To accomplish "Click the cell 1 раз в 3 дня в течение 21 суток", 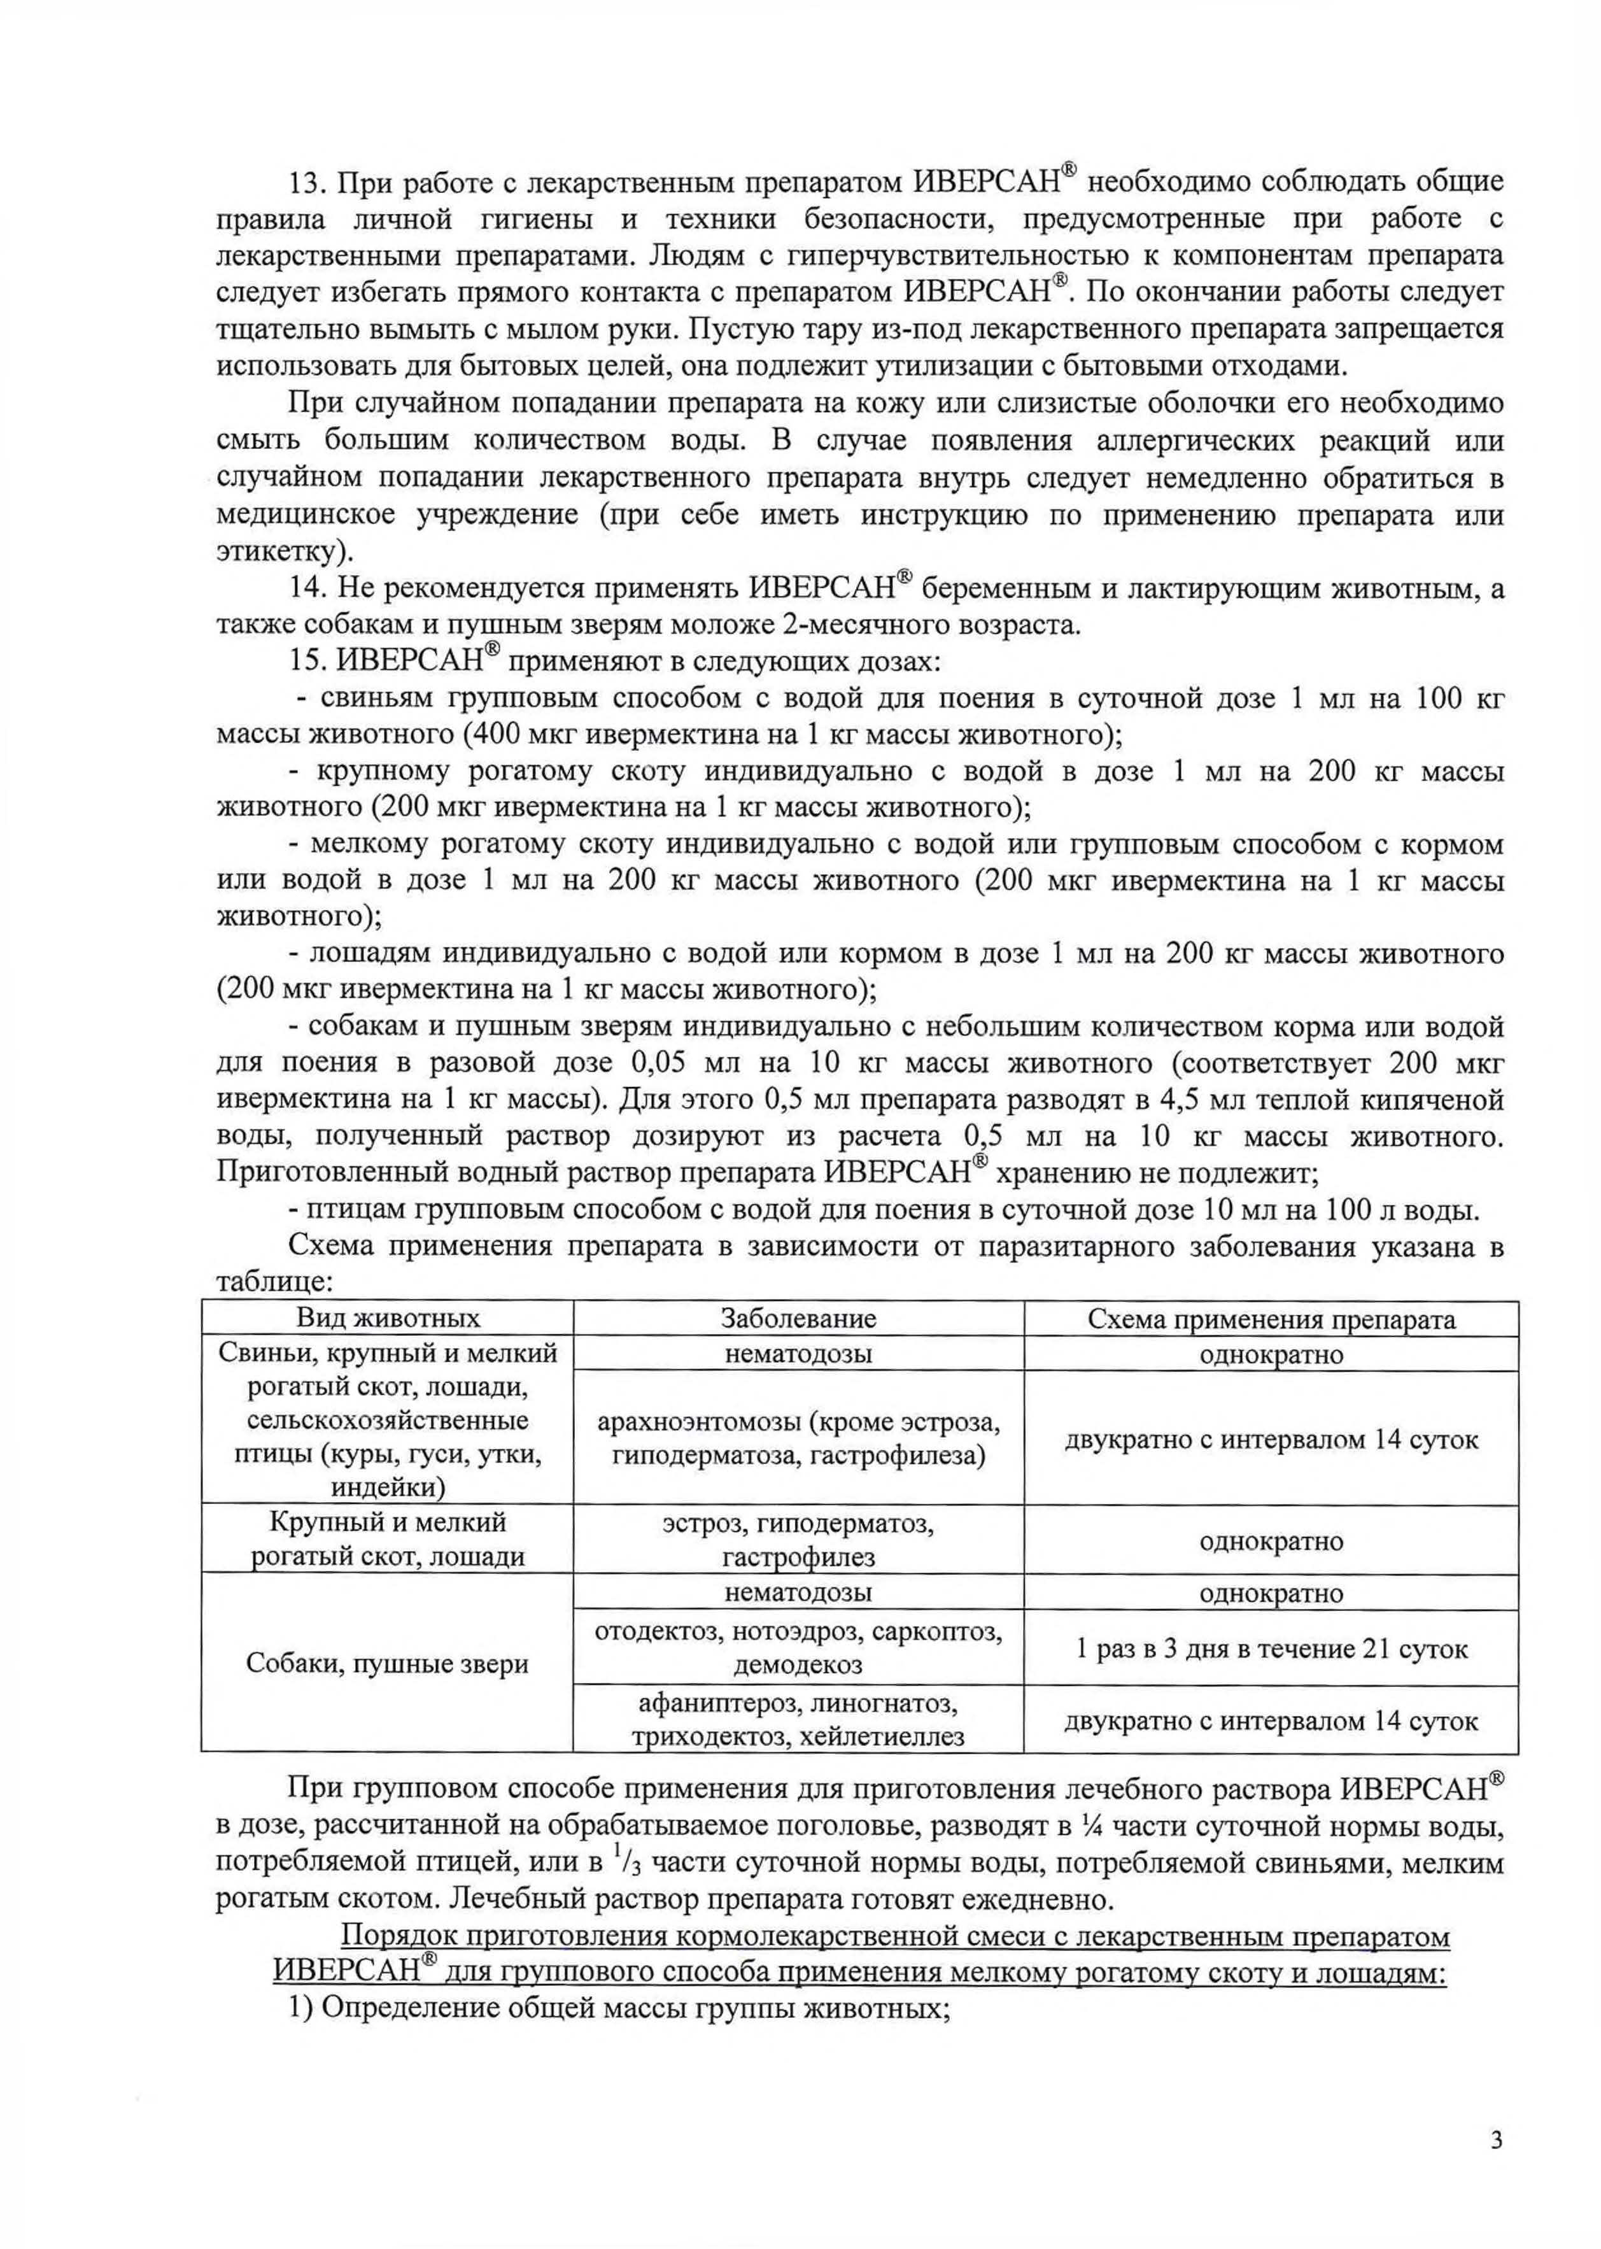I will click(x=1271, y=1649).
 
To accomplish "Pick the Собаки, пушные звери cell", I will click(x=388, y=1664).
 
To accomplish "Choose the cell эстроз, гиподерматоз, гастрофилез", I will click(x=798, y=1541).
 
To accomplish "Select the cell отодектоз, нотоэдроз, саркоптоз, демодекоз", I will click(x=798, y=1649).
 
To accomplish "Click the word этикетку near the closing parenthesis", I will click(x=277, y=552).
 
